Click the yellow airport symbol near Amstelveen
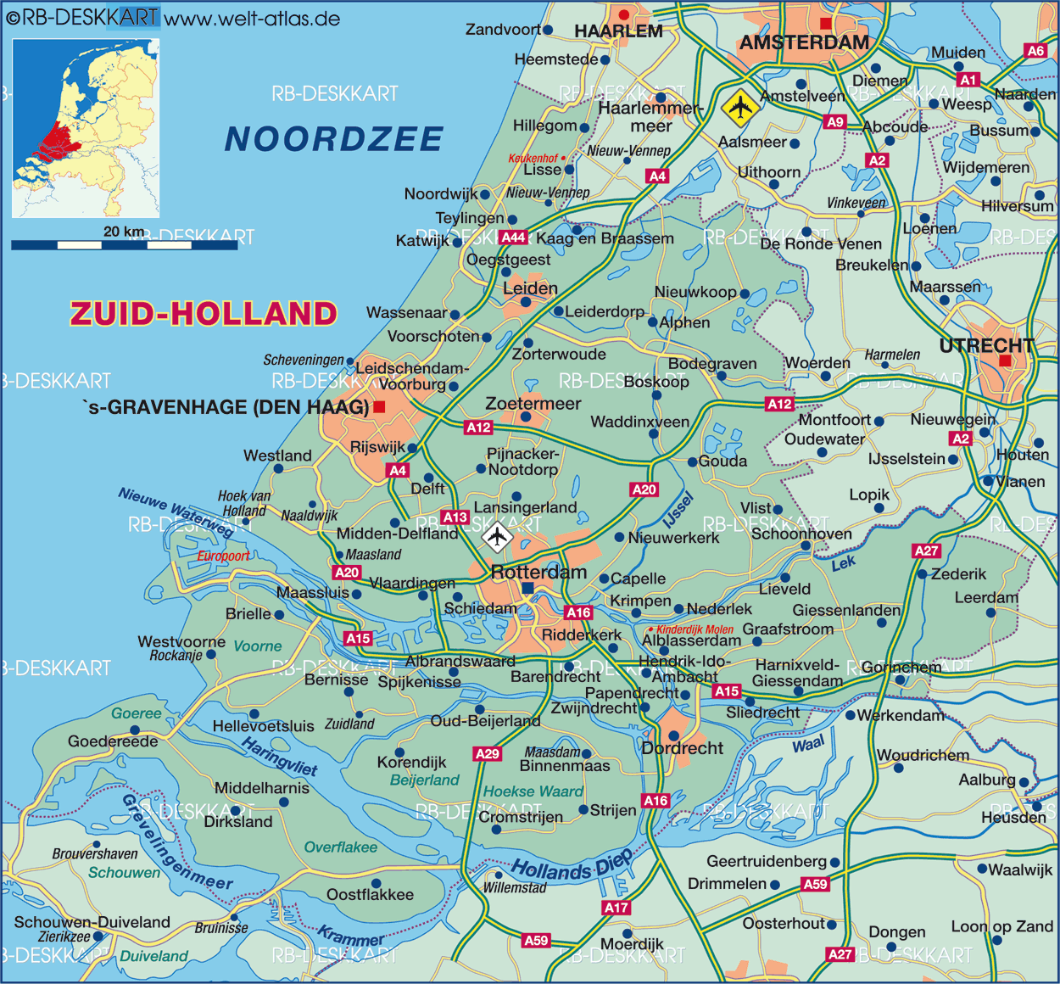tap(740, 107)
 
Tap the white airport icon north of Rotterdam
tap(497, 536)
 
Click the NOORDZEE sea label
tap(334, 139)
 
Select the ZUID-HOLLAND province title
tap(204, 314)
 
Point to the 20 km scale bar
tap(124, 245)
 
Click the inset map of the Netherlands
tap(86, 127)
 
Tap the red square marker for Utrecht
tap(1005, 361)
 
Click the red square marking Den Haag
tap(379, 407)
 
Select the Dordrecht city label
tap(683, 748)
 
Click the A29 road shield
tap(487, 753)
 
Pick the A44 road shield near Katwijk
tap(513, 238)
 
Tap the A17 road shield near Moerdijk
tap(616, 908)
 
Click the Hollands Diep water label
tap(572, 866)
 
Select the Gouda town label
tap(722, 461)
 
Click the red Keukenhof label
tap(533, 159)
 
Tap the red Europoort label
tap(223, 556)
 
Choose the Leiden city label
tap(530, 288)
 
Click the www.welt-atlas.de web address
tap(252, 19)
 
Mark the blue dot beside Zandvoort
tap(548, 30)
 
